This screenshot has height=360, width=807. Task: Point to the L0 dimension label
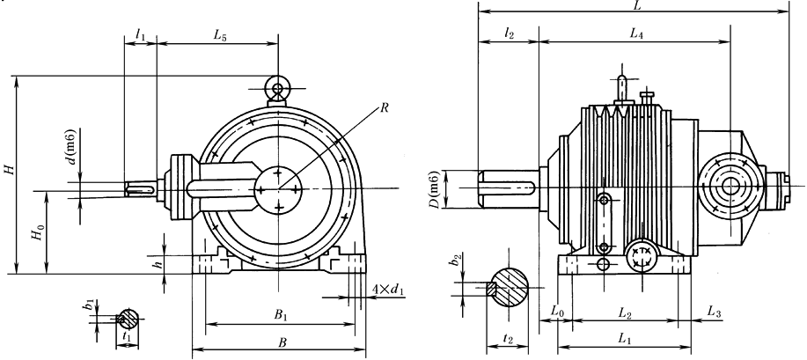coord(556,313)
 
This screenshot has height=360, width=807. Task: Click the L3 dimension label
coord(715,313)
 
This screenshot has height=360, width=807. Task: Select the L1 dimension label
coord(624,338)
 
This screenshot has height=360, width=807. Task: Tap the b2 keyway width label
coord(456,261)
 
